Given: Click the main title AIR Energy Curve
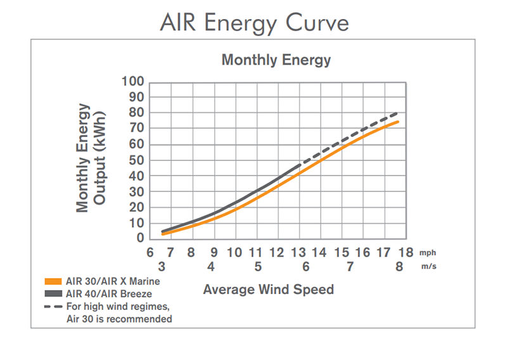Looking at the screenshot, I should coord(253,23).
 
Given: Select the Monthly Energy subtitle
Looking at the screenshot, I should coord(276,60).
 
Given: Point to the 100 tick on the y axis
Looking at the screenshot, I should coord(134,82).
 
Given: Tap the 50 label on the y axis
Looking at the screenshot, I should coord(138,160).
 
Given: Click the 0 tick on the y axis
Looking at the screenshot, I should coord(141,238).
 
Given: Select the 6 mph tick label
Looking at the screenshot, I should coord(150,253).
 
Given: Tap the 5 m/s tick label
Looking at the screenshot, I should coord(257,267).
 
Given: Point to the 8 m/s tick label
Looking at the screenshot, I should coord(399,267).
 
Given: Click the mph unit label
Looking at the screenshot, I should coord(428,253).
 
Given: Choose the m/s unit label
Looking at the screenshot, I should coord(428,267).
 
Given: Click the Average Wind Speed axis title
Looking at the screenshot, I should coord(268,290).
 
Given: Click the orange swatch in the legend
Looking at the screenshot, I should coord(54,281).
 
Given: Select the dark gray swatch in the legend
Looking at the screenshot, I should coord(54,293).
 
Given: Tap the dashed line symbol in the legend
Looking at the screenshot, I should coord(54,307).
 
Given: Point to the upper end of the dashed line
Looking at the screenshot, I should coord(398,112).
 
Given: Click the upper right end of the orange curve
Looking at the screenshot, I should coord(397,122).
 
